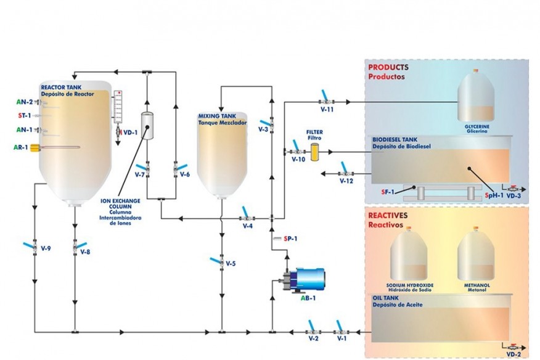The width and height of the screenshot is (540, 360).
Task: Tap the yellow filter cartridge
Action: (315, 152)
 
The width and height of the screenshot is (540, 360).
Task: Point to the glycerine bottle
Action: (476, 96)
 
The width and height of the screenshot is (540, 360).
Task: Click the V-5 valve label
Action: (231, 264)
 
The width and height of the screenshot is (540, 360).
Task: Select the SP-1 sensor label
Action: (290, 239)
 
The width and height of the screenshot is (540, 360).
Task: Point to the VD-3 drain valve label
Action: (513, 196)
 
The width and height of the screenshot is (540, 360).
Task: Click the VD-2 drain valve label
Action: (513, 354)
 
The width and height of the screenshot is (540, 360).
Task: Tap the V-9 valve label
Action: (44, 248)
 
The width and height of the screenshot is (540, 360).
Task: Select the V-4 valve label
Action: (247, 226)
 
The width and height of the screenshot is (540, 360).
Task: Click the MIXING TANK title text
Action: (216, 115)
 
